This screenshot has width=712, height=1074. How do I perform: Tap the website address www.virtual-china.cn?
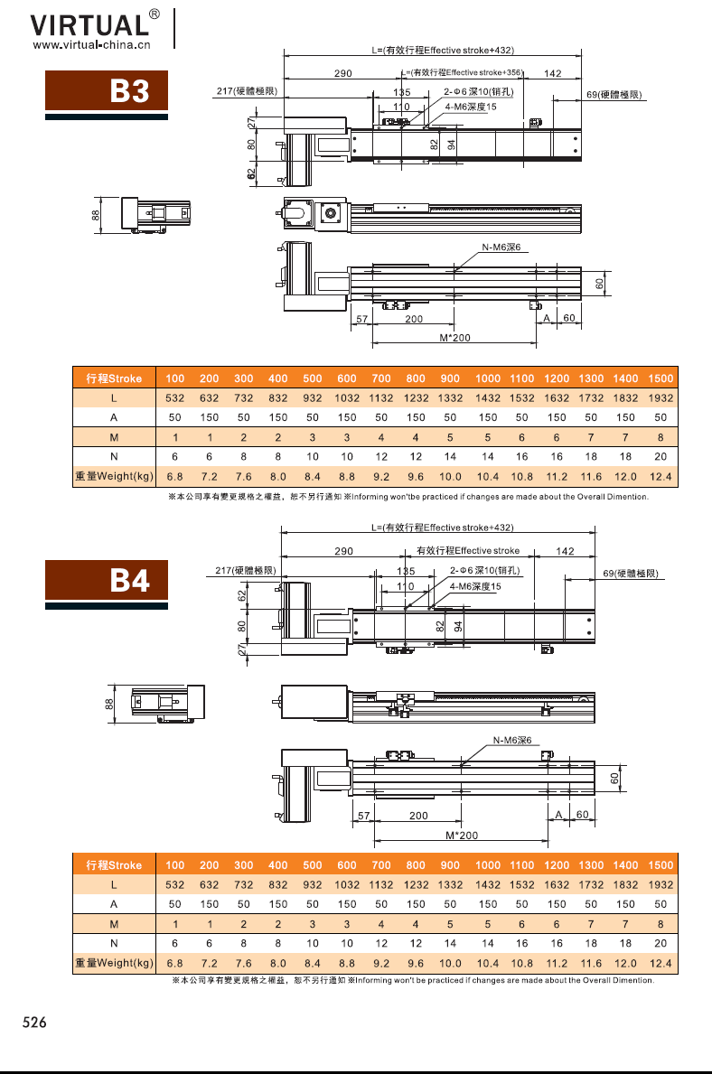(92, 45)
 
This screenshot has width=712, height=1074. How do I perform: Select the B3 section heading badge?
(107, 90)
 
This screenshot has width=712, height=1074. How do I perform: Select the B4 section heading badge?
(107, 580)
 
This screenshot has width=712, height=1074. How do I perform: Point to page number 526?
(34, 1022)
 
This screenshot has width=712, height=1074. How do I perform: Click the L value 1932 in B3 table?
(660, 398)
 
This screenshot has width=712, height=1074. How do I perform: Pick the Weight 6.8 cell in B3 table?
(174, 477)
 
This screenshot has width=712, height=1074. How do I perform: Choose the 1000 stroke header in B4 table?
(488, 865)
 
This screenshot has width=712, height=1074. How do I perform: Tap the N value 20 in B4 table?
(660, 943)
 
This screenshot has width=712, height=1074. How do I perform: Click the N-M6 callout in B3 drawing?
(501, 247)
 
